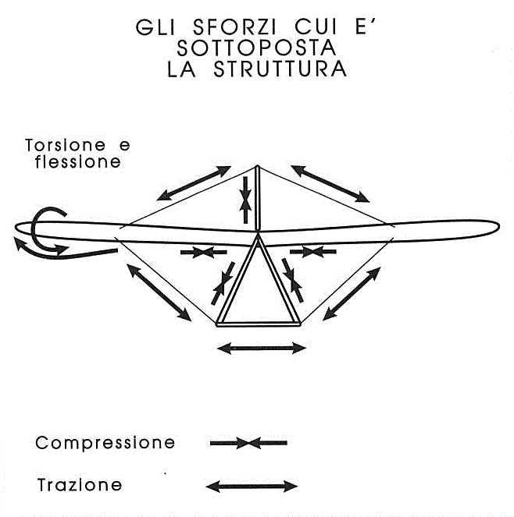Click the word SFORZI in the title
[x=234, y=27]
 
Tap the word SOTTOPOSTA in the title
[x=257, y=48]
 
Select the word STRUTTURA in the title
[x=280, y=69]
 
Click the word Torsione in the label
[x=66, y=145]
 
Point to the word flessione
[x=78, y=161]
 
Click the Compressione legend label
[x=105, y=442]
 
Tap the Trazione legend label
[x=80, y=485]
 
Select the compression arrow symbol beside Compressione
[x=248, y=443]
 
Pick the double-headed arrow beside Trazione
[x=252, y=486]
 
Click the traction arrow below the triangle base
[x=262, y=349]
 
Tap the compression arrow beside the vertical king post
[x=245, y=200]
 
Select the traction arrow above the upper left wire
[x=194, y=183]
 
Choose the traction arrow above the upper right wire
[x=330, y=184]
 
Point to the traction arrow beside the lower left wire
[x=159, y=292]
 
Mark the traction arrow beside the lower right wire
[x=352, y=294]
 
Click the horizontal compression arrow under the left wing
[x=203, y=252]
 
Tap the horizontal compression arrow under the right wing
[x=313, y=252]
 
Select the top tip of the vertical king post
[x=257, y=167]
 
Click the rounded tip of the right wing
[x=499, y=226]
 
